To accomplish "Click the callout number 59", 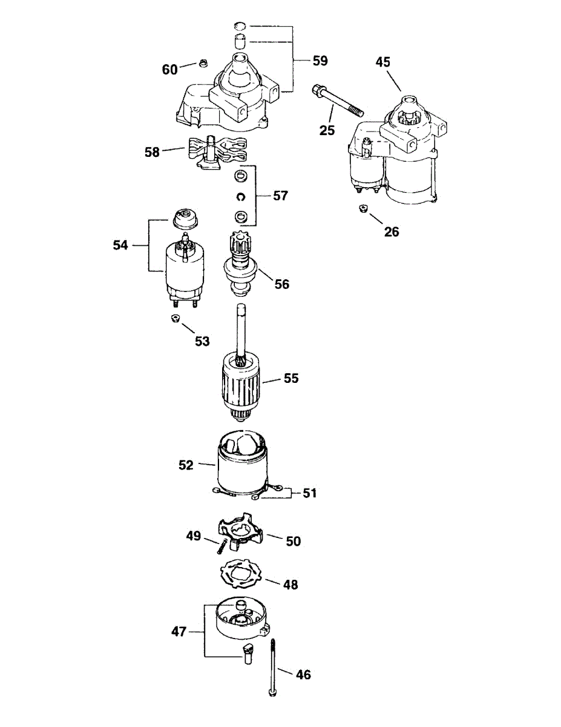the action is click(320, 61).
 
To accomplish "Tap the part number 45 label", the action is click(383, 62).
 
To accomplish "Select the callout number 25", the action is click(327, 130).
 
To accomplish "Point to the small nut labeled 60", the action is click(202, 62).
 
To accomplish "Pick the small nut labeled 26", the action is click(363, 208).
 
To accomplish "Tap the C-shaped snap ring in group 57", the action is click(240, 197).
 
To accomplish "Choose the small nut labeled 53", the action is click(175, 318).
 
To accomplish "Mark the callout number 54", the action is click(120, 245).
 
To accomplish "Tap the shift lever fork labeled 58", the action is click(217, 152).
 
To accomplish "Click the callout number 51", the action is click(309, 494).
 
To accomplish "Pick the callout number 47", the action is click(179, 631).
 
